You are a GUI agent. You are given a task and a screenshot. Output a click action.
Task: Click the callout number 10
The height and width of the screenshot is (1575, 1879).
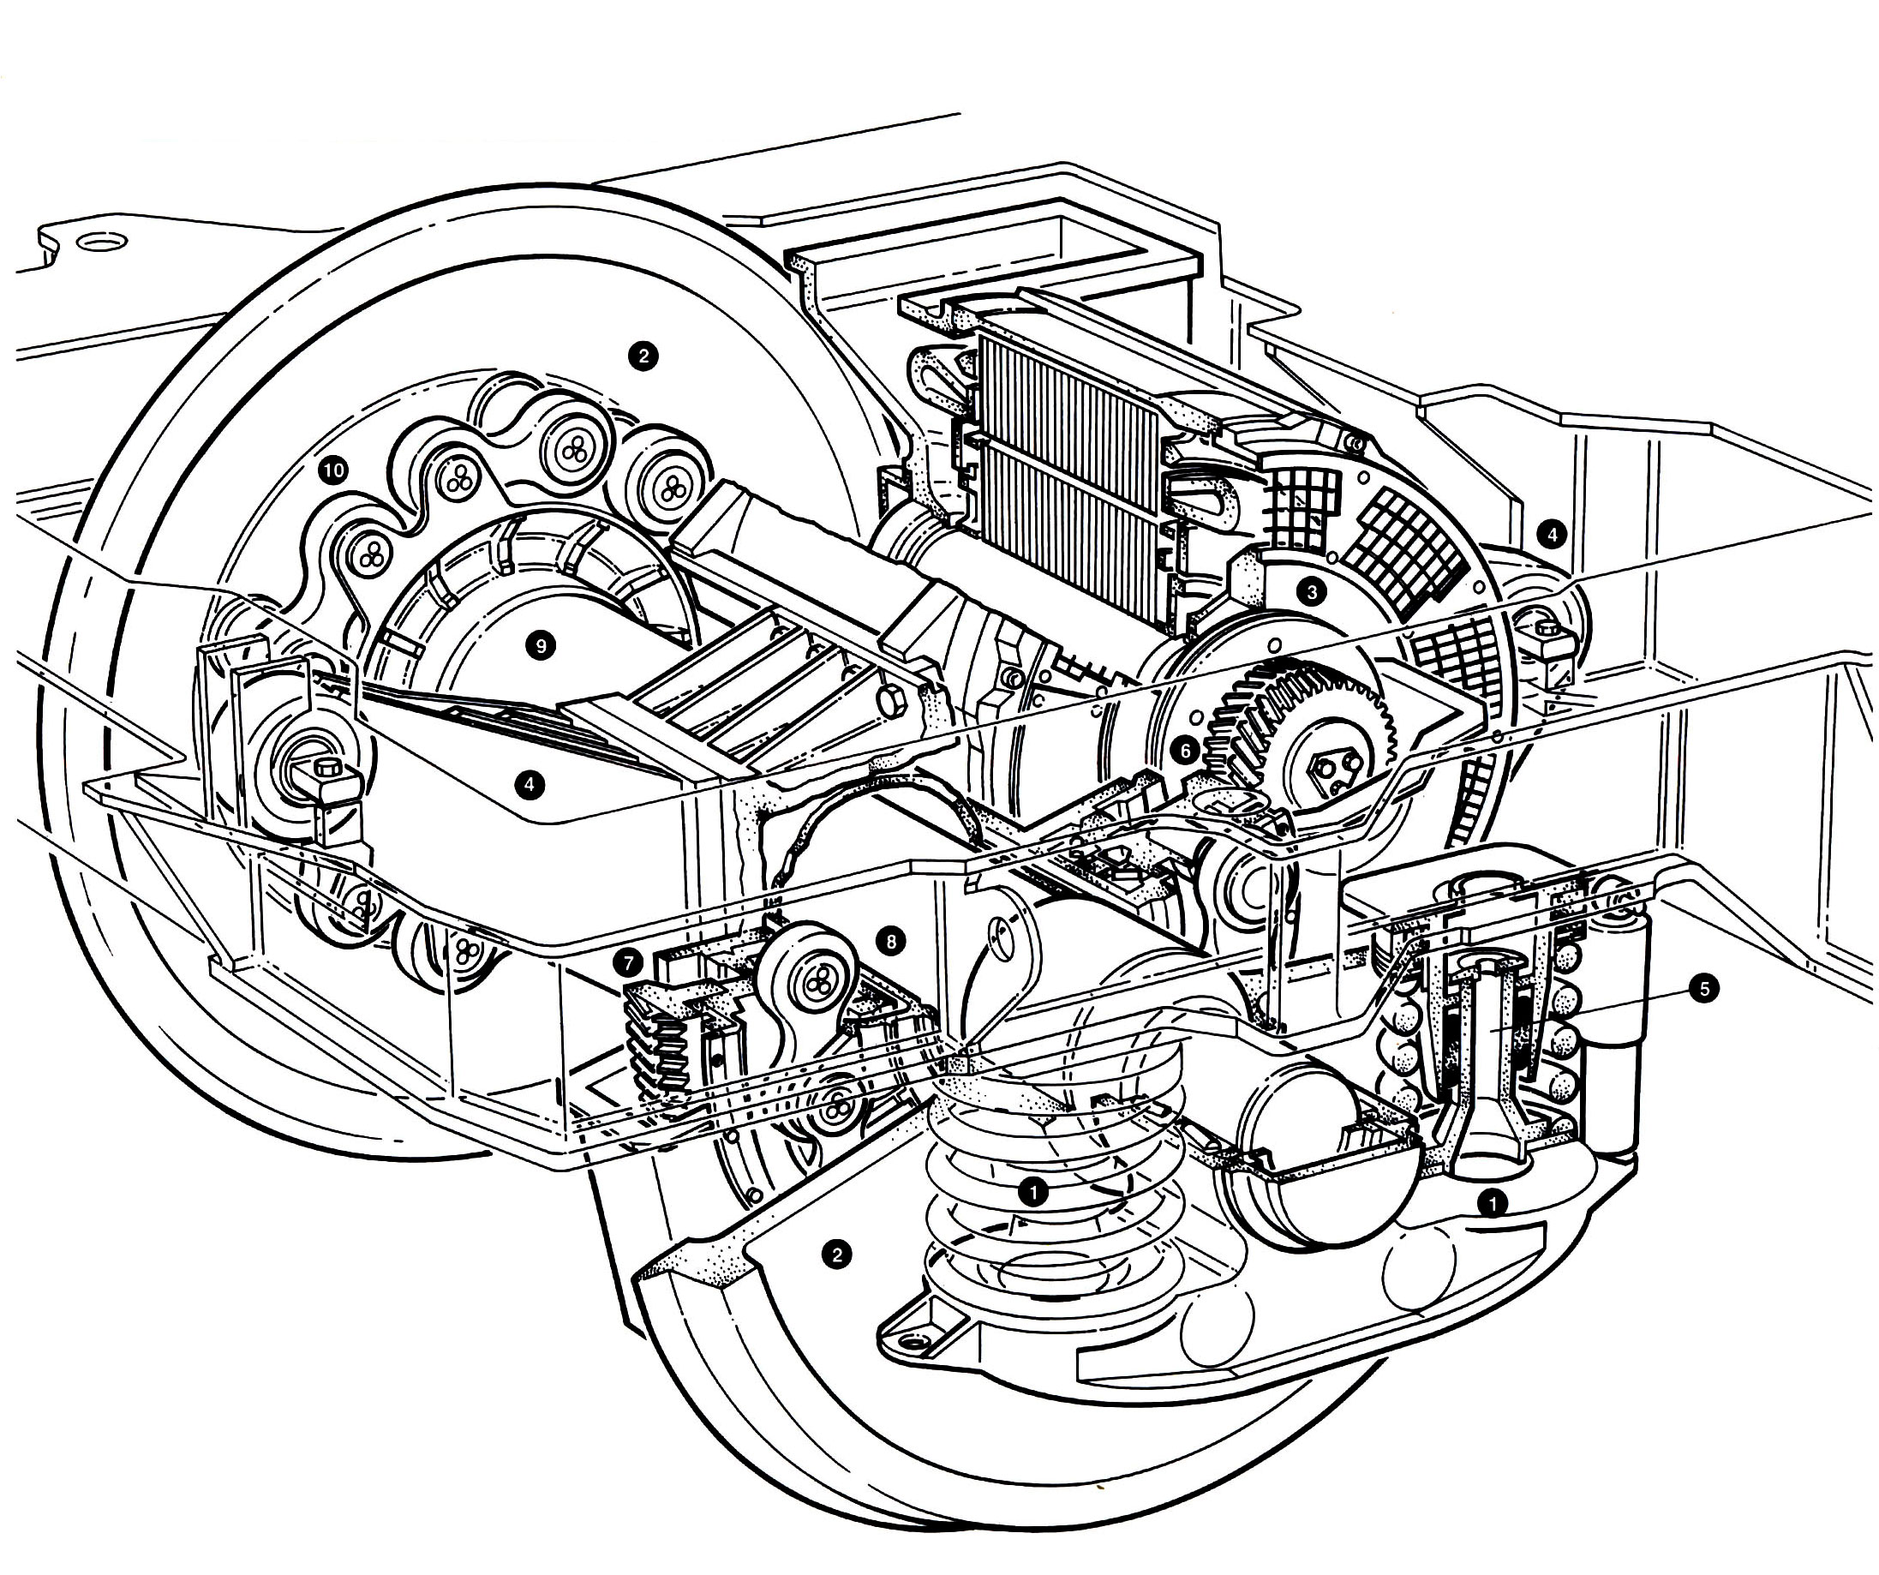pyautogui.click(x=334, y=470)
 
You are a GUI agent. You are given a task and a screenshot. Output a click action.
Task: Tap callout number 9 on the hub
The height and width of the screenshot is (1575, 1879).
pyautogui.click(x=540, y=644)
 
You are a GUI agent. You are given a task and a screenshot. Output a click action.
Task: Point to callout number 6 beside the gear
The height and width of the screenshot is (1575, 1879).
pyautogui.click(x=1185, y=751)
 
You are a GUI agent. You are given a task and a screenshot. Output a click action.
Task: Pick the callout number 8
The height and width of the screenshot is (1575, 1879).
pyautogui.click(x=890, y=941)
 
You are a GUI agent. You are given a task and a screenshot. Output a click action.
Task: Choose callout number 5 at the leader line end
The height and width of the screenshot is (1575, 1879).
pyautogui.click(x=1702, y=989)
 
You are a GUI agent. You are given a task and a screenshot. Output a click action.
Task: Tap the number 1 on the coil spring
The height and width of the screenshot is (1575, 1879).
pyautogui.click(x=1033, y=1191)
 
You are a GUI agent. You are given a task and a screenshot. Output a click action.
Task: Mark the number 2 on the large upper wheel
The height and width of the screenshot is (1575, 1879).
pyautogui.click(x=642, y=356)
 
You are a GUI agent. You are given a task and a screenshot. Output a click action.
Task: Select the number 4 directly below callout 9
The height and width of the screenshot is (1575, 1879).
pyautogui.click(x=530, y=785)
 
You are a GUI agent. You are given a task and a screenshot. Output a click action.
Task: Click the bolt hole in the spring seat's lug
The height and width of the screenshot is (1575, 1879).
pyautogui.click(x=913, y=1342)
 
